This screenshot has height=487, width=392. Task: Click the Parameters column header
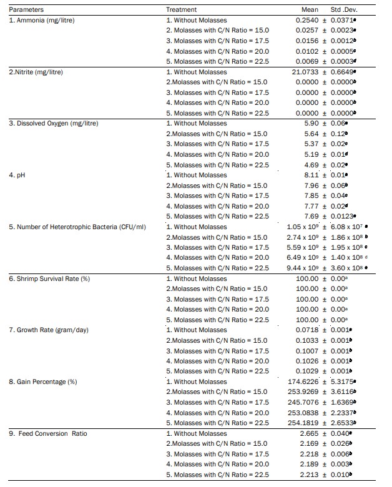(22, 10)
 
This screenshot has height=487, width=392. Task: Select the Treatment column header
(181, 10)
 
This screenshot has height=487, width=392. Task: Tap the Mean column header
(310, 10)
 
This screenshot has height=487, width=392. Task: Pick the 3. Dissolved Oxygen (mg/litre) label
(54, 124)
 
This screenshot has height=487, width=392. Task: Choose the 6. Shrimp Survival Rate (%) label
(49, 278)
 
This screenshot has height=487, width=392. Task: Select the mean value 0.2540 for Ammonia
(308, 21)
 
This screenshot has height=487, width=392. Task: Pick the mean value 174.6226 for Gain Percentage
(304, 381)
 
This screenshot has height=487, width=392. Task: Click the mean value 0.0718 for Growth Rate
(308, 330)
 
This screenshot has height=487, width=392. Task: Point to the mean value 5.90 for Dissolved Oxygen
(311, 124)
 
